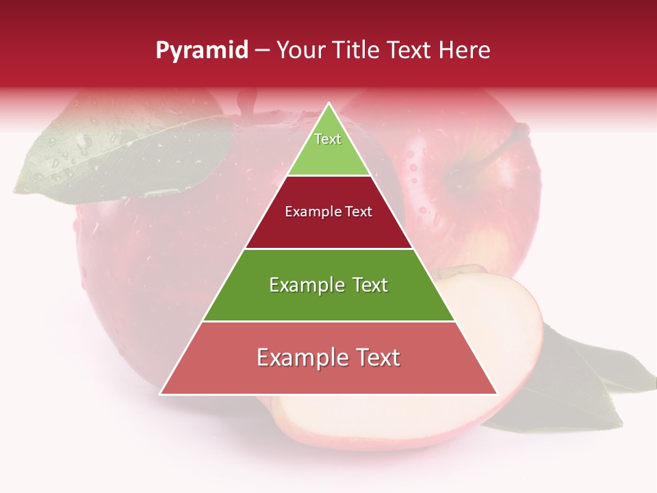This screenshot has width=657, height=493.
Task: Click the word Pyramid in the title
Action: click(202, 51)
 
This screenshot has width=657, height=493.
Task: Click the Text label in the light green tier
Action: click(328, 139)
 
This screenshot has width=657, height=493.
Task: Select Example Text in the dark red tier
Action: click(328, 212)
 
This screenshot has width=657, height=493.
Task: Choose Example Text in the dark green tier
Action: click(328, 285)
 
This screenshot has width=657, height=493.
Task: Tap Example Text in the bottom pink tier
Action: click(328, 357)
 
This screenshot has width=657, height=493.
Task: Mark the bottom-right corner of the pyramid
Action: click(497, 394)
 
